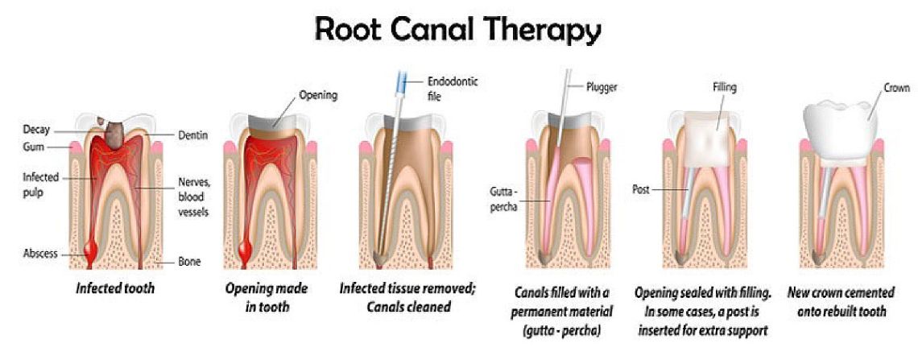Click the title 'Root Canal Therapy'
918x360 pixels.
457,29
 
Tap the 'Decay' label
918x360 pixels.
37,129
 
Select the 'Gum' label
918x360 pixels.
34,147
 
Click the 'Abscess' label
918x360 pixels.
40,253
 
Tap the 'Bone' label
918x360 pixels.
189,262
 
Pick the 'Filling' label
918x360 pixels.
724,87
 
